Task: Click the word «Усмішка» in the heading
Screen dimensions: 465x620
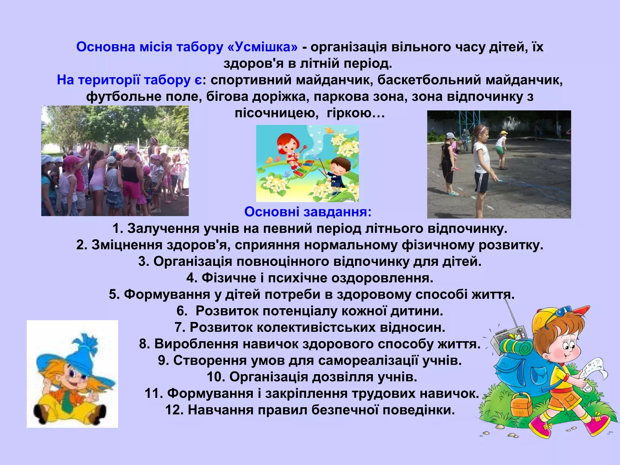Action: [262, 47]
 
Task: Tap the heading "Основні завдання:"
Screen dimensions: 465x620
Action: [308, 212]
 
